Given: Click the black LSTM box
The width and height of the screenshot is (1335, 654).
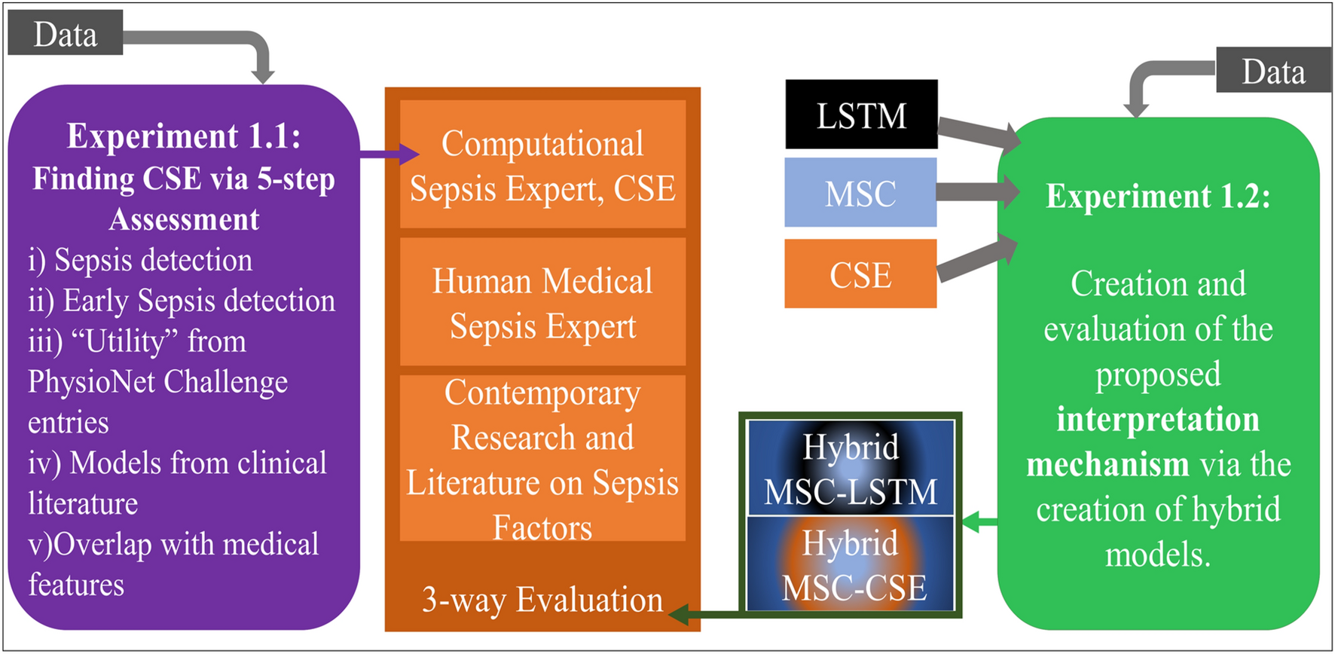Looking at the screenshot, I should pos(861,115).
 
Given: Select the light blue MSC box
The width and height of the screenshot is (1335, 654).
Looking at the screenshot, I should pos(860,193).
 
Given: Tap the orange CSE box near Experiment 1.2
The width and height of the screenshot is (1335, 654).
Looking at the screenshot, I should pos(860,274).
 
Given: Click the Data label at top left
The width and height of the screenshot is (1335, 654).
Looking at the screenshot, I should pos(65,34).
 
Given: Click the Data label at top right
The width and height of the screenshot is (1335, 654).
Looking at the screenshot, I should pos(1272,71).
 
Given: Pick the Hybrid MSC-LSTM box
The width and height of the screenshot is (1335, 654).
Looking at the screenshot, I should pos(851,469).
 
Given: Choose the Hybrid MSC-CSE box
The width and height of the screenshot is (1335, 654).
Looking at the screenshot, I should pos(851,564).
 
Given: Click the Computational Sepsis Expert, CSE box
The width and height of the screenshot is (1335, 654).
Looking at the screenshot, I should pos(542,165).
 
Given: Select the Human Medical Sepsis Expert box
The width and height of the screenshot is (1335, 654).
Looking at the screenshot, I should pos(542,303).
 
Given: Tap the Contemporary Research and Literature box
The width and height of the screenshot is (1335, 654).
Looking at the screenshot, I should pos(542,459).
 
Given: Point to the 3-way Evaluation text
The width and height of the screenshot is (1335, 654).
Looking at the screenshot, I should pos(542,599).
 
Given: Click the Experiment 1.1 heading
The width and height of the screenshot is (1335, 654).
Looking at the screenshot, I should pos(184,136).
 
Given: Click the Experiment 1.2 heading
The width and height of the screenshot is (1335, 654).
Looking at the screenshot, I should pos(1158,196).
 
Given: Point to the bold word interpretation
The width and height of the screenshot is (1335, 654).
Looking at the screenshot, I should pos(1158,419).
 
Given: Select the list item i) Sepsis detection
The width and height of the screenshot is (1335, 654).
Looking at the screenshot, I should pos(140,260).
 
